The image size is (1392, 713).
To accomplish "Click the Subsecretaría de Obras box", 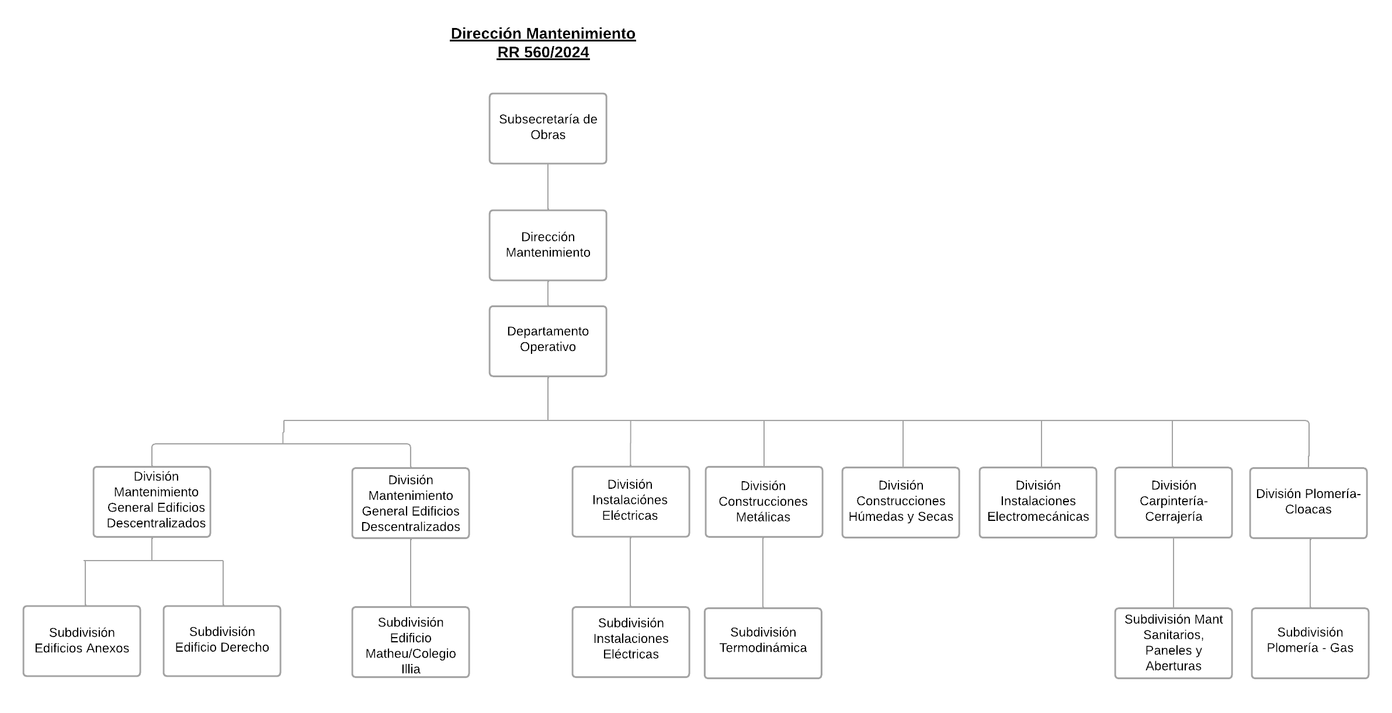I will [x=547, y=128].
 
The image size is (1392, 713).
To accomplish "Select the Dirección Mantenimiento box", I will [x=547, y=245].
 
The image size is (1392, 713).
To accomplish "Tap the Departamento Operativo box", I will [x=547, y=340].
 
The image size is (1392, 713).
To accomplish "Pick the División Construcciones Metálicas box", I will [x=763, y=502].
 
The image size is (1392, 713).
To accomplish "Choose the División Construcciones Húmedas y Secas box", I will [x=900, y=502].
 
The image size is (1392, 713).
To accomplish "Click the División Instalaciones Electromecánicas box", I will [x=1037, y=502].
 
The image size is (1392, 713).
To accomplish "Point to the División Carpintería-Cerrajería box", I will [x=1173, y=502].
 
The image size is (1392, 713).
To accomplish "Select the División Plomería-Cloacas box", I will [x=1308, y=502].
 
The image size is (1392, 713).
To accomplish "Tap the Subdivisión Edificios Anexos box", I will [x=82, y=641].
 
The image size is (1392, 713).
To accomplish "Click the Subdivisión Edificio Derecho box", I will [x=222, y=641].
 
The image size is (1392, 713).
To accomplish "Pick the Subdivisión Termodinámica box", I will [x=763, y=643].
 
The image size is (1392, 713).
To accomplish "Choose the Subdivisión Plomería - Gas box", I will [x=1310, y=643].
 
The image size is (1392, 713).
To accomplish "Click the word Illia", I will [x=411, y=669].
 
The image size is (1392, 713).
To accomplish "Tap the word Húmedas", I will [x=873, y=517].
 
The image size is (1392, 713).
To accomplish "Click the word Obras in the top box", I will [x=548, y=135].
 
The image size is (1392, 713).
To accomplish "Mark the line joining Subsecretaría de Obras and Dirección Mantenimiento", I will [x=548, y=186].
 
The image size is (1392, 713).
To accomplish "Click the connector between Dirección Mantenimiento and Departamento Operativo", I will [x=548, y=293].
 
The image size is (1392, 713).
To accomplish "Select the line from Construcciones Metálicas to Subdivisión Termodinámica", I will [x=763, y=572].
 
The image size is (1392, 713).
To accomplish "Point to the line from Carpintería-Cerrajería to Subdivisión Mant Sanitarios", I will [x=1174, y=573].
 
